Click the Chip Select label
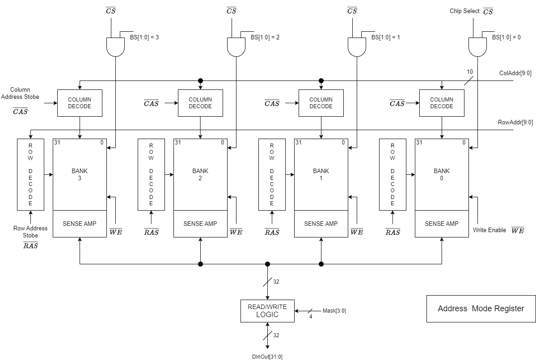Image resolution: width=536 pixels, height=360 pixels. point(464,11)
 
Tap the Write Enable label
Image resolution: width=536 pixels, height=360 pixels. point(489,230)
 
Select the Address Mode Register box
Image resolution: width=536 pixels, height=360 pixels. point(481,309)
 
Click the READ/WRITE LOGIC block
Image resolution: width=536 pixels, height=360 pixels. point(267,311)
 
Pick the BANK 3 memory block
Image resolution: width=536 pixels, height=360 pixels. point(80,174)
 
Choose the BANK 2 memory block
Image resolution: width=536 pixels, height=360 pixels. point(200,174)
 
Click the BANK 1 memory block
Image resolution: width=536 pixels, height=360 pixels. point(321,174)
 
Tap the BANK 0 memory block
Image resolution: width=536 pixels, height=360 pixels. point(442,174)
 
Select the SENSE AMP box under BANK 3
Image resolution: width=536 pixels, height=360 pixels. point(80,224)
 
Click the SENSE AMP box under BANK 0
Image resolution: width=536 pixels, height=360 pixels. point(442,224)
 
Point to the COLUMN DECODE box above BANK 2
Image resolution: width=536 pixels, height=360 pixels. point(200,103)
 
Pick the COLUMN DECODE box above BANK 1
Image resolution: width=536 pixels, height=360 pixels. point(321,103)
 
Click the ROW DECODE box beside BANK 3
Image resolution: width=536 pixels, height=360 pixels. point(30,174)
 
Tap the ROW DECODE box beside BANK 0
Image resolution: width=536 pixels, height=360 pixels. point(393,174)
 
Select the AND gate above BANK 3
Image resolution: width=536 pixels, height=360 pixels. point(115,47)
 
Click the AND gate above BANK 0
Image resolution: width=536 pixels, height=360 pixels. point(477,47)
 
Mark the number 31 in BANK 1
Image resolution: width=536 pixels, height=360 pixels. point(299,143)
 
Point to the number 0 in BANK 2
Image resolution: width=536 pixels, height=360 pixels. point(223,143)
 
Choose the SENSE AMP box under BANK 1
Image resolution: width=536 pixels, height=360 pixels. point(321,224)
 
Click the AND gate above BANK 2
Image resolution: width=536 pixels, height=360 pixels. point(236,47)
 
